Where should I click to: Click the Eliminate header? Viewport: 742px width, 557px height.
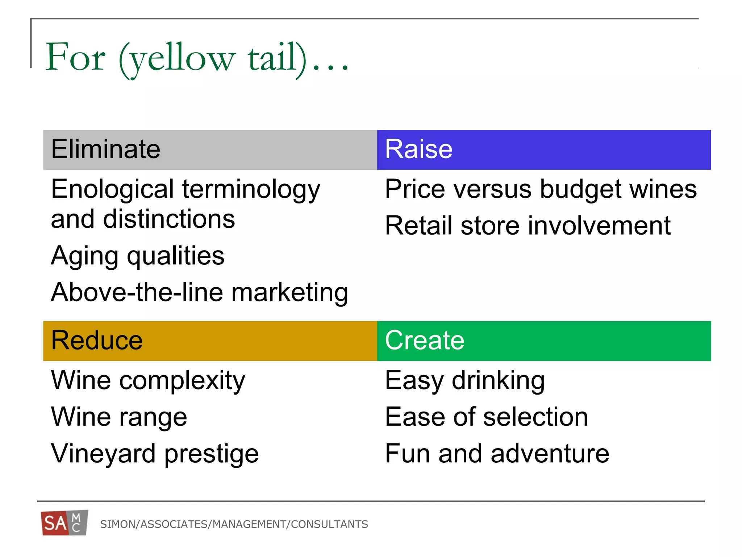105,149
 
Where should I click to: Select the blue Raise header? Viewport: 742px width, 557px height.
418,149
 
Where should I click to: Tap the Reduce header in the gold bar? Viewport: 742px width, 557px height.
97,341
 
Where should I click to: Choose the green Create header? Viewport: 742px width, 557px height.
424,341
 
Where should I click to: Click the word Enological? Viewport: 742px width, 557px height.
113,189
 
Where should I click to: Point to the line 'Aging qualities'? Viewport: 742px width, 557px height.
138,256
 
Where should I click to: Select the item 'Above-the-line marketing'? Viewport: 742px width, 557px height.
199,292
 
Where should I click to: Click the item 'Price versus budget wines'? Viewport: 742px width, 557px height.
541,189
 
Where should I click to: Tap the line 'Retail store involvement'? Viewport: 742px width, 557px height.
528,226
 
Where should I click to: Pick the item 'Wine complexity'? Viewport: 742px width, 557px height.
148,380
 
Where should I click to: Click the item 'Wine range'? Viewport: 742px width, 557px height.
119,417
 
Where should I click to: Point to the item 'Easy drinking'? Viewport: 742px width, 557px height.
464,380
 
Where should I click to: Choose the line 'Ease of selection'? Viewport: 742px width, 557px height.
486,417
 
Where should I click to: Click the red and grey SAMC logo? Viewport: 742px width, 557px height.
64,523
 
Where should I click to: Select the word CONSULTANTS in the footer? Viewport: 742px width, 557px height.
329,524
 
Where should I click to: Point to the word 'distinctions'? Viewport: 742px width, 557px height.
169,219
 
